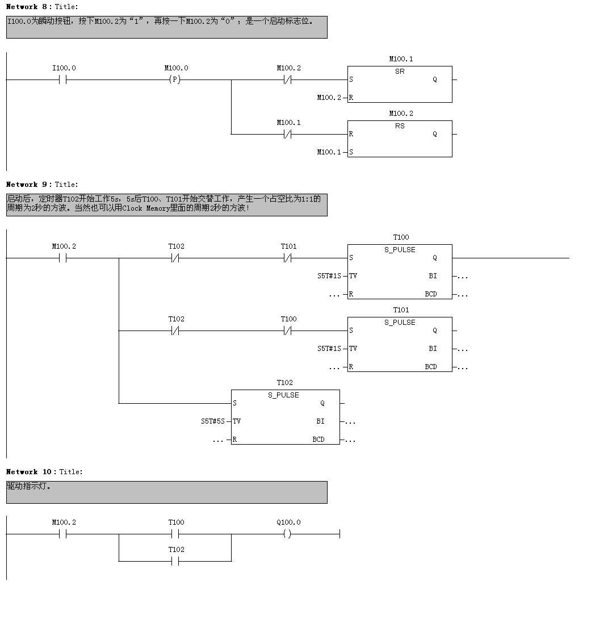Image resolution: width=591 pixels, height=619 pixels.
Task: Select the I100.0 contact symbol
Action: pos(63,80)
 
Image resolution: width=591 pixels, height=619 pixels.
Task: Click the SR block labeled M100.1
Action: pos(400,84)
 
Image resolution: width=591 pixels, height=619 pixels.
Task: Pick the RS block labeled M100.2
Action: pos(400,139)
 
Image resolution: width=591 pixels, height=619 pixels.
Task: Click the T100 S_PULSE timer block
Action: pos(400,271)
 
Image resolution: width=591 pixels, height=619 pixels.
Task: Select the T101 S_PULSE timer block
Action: pos(400,344)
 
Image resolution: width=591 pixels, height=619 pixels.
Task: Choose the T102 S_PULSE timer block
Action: pos(285,417)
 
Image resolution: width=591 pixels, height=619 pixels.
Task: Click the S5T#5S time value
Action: pos(212,421)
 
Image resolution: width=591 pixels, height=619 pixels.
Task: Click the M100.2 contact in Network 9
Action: pos(63,258)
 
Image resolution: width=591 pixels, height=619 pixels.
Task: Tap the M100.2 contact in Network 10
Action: pos(63,534)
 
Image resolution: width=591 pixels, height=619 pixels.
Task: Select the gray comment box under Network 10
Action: pos(166,492)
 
